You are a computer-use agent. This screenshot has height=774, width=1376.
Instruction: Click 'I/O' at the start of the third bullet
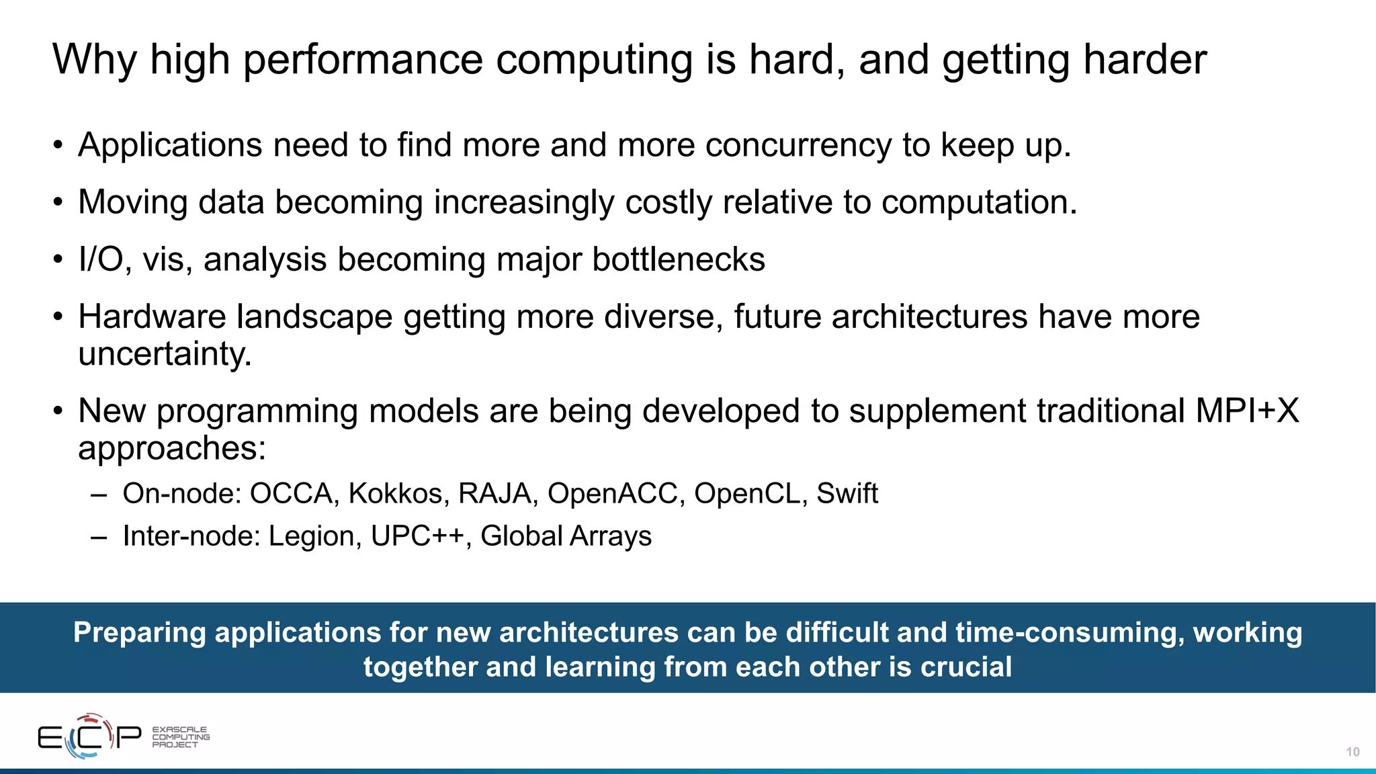pyautogui.click(x=104, y=259)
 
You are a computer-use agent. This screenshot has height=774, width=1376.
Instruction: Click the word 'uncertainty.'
pyautogui.click(x=165, y=354)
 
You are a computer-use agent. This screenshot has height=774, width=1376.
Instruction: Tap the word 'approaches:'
pyautogui.click(x=172, y=448)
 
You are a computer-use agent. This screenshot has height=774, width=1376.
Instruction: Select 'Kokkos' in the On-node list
pyautogui.click(x=395, y=494)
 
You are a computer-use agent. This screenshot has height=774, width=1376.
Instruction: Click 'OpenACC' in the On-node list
pyautogui.click(x=612, y=494)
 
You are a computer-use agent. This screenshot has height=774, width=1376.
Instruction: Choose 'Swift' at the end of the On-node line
pyautogui.click(x=847, y=494)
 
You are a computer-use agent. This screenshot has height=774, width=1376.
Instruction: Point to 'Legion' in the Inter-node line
pyautogui.click(x=310, y=536)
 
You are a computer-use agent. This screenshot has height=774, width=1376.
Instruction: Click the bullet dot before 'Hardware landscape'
pyautogui.click(x=58, y=317)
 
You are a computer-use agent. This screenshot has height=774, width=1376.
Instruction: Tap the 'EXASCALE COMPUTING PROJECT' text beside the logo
pyautogui.click(x=180, y=737)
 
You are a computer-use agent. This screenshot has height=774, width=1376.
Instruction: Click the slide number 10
pyautogui.click(x=1352, y=752)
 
